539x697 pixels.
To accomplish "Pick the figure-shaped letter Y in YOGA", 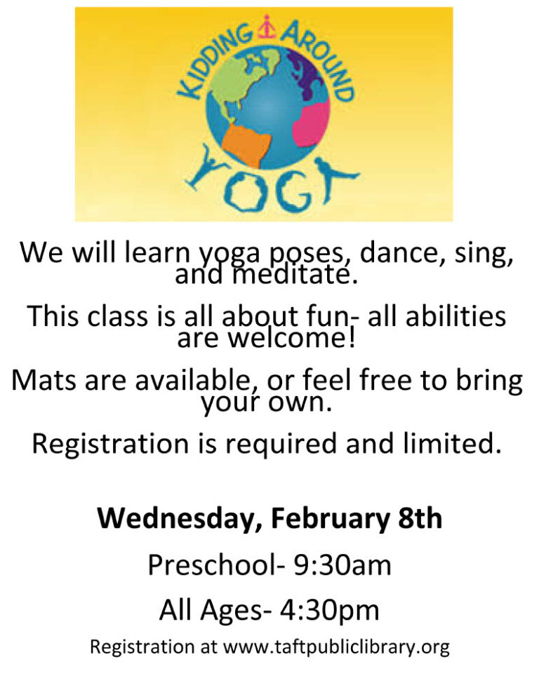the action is (207, 167).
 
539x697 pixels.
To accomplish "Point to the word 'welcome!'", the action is (292, 339).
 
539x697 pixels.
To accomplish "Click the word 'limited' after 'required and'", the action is (450, 444).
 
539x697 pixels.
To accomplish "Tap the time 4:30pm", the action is (329, 610).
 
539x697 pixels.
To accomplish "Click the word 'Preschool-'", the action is (216, 565).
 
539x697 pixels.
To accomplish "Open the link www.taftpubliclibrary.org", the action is (336, 647).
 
